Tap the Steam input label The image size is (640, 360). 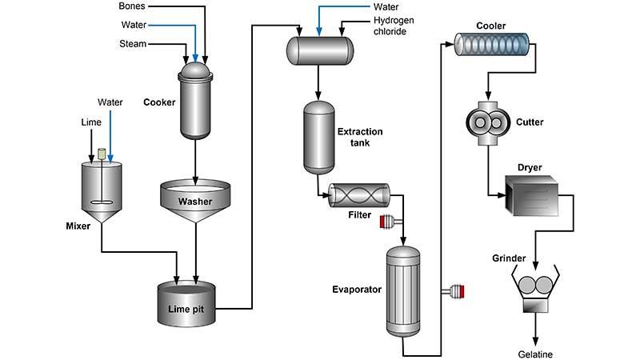133,44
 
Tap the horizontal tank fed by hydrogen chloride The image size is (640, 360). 320,50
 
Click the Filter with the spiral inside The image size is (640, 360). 359,195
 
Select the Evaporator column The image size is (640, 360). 403,290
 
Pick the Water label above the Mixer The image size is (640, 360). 110,102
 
